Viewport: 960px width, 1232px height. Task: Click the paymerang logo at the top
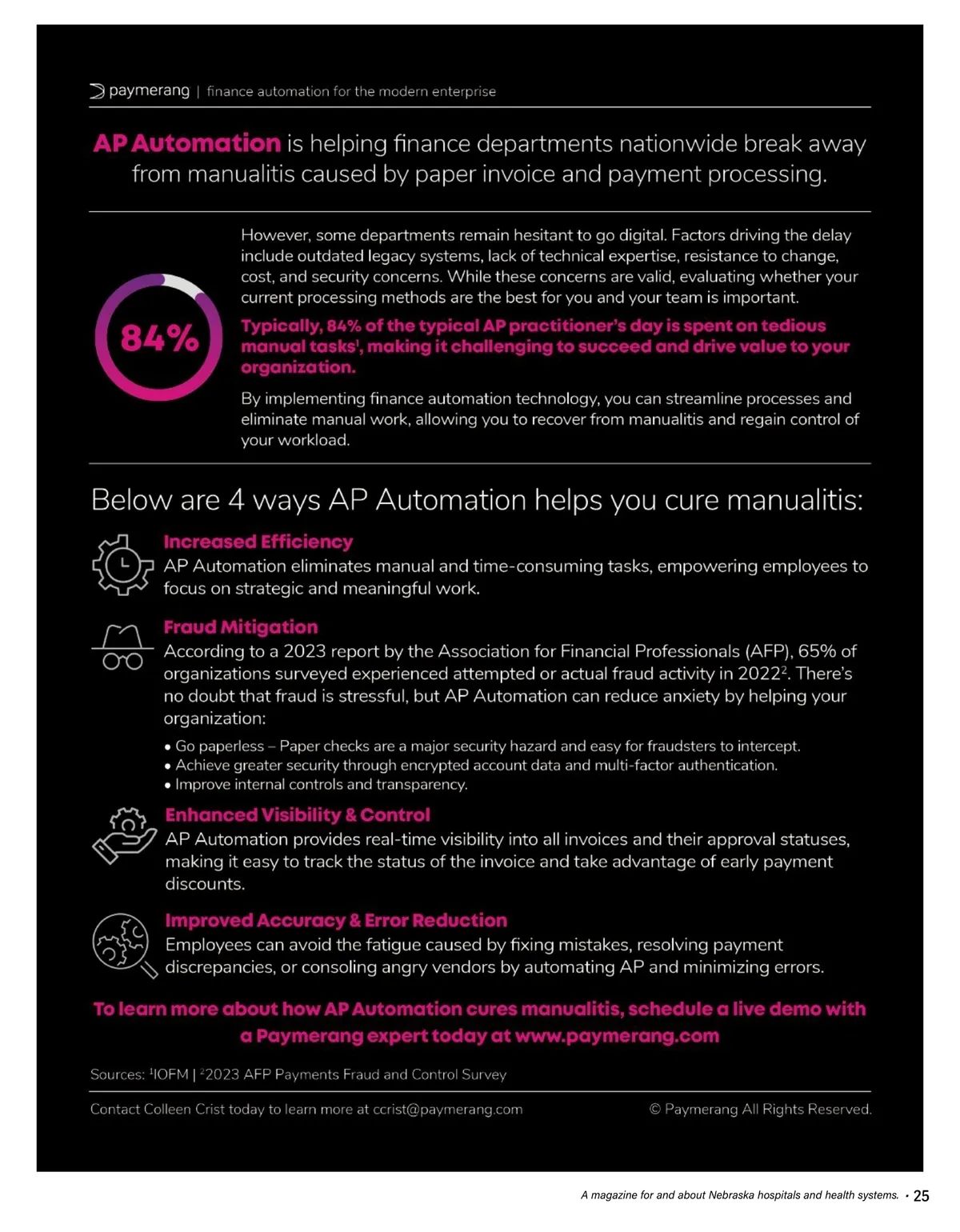pyautogui.click(x=140, y=91)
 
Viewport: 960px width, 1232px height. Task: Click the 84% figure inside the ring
pyautogui.click(x=159, y=338)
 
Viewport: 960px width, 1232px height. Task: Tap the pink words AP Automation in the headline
pyautogui.click(x=187, y=143)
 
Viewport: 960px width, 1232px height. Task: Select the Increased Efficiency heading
pyautogui.click(x=258, y=542)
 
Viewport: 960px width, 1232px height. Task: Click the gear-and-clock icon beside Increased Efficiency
pyautogui.click(x=122, y=564)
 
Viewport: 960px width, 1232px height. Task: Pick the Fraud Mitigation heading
pyautogui.click(x=241, y=627)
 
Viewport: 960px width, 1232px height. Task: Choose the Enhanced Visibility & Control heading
pyautogui.click(x=298, y=815)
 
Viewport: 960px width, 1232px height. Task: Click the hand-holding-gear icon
pyautogui.click(x=124, y=836)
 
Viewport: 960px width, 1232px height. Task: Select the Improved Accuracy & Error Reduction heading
pyautogui.click(x=336, y=921)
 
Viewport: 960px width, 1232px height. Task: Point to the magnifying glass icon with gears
pyautogui.click(x=125, y=945)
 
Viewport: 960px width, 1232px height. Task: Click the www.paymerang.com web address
pyautogui.click(x=617, y=1036)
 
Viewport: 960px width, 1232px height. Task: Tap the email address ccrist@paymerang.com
pyautogui.click(x=447, y=1110)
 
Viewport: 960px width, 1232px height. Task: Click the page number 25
pyautogui.click(x=922, y=1196)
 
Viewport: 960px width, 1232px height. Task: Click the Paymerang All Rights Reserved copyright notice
pyautogui.click(x=760, y=1110)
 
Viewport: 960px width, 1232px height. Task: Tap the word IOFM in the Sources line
pyautogui.click(x=170, y=1074)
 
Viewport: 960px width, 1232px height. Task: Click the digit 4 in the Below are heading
pyautogui.click(x=236, y=500)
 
